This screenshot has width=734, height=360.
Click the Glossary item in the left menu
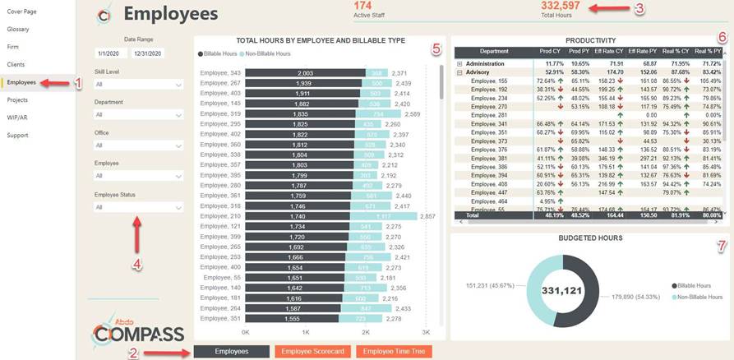point(18,29)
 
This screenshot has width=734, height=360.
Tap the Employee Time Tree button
point(394,351)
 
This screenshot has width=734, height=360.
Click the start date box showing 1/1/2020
point(111,53)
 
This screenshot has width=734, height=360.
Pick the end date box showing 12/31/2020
point(147,53)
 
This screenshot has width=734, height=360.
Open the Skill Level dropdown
point(138,84)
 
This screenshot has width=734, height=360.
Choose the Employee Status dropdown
point(138,207)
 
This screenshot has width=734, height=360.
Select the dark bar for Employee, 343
point(305,73)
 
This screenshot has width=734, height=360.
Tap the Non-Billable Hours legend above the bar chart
point(267,53)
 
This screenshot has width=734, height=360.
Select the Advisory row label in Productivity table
point(480,72)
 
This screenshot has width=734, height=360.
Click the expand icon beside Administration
point(459,63)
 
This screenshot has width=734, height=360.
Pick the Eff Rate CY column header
point(608,51)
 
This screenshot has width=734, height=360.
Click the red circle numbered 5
point(436,48)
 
